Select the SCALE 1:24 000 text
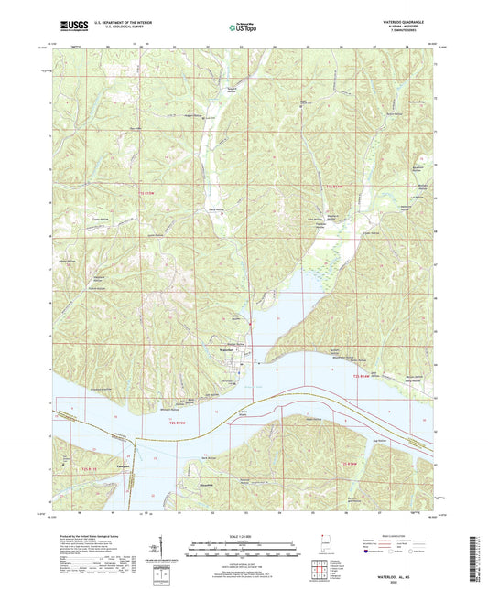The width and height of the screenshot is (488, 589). click(x=244, y=535)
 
